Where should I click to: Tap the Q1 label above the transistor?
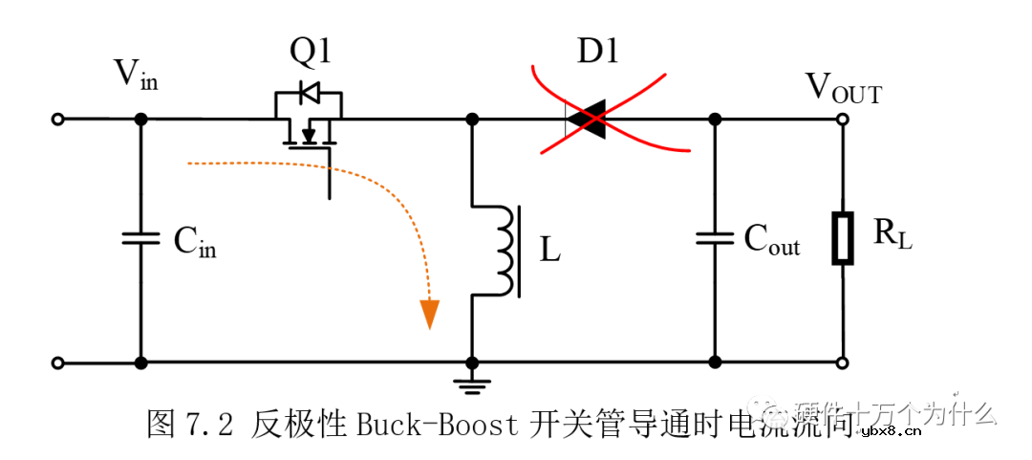[x=311, y=53]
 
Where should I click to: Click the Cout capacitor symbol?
[x=714, y=237]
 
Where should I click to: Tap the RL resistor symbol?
[x=843, y=238]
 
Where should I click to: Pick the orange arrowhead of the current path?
[x=430, y=314]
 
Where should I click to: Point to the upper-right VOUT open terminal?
[x=843, y=120]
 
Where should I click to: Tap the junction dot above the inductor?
[x=471, y=120]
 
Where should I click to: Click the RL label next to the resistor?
[x=892, y=235]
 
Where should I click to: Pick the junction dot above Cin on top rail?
[x=140, y=120]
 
